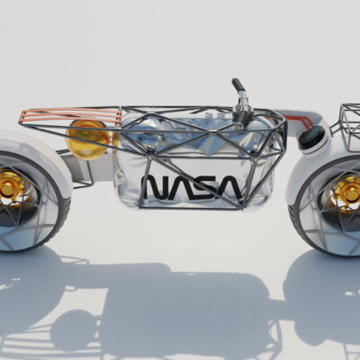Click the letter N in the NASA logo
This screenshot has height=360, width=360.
(153, 188)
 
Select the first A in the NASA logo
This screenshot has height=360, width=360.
(178, 188)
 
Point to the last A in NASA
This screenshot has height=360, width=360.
(229, 188)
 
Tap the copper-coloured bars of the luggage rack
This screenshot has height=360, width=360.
(70, 115)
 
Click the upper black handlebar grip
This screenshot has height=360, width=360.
(238, 85)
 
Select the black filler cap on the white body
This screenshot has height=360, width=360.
(311, 137)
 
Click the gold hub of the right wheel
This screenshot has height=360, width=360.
(348, 191)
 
